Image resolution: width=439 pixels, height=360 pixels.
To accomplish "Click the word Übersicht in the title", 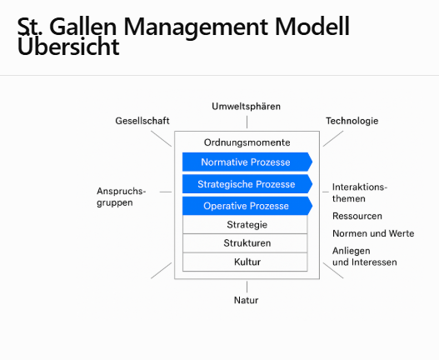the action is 68,46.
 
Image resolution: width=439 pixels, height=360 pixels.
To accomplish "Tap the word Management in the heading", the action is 196,27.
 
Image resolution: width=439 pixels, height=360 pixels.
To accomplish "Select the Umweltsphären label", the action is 246,107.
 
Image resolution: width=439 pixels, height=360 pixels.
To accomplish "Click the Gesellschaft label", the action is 142,121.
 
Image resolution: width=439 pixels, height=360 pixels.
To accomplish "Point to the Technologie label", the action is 352,121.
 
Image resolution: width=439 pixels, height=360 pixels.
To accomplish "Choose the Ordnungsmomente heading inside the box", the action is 247,142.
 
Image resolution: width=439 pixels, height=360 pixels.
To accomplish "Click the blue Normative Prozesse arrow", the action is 247,162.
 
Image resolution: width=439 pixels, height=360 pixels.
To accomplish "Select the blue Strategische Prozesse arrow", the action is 247,184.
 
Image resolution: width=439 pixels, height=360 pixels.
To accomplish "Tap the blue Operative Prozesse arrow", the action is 247,206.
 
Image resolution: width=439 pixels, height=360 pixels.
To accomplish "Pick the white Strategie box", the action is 245,224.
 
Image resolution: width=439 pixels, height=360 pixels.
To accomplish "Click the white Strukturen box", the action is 245,243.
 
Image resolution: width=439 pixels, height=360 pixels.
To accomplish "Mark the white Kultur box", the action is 245,262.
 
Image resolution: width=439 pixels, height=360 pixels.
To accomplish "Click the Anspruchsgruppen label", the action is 122,197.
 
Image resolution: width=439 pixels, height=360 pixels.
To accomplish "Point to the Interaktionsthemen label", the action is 360,192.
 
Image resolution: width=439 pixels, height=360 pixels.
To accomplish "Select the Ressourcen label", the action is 357,216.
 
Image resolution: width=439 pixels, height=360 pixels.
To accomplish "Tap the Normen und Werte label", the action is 373,233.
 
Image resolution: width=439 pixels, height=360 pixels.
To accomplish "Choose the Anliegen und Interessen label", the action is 365,257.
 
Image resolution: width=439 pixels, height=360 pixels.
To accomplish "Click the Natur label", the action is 246,300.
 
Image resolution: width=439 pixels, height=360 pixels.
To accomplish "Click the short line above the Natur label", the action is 247,287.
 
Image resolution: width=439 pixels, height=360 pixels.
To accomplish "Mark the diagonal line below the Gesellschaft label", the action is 162,138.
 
